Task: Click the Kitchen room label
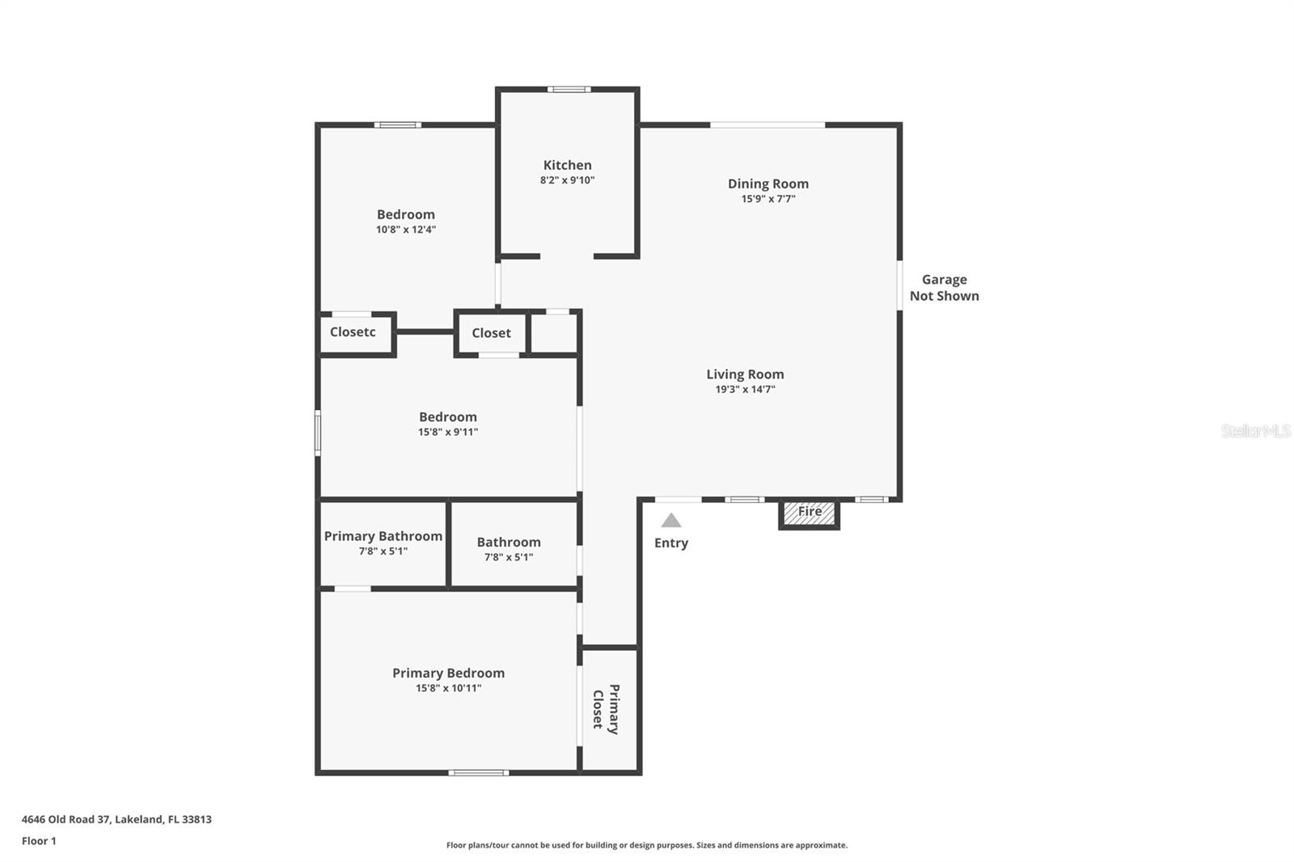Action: coord(567,165)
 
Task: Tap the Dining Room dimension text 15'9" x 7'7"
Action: coord(768,199)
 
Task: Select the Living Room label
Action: coord(745,374)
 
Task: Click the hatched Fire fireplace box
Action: coord(809,513)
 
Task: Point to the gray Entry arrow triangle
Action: coord(671,521)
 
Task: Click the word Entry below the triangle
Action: coord(671,543)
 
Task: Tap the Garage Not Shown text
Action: coord(944,288)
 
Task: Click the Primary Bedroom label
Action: coord(448,673)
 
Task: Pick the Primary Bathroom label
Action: coord(383,536)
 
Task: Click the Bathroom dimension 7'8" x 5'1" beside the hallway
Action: coord(509,557)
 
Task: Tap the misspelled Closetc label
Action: coord(353,332)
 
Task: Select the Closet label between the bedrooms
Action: coord(491,333)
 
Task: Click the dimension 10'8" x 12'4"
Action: coord(406,230)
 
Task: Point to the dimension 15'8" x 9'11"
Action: coord(448,433)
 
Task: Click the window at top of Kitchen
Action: coord(569,89)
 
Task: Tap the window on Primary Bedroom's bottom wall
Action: coord(479,773)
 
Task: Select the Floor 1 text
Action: coord(39,841)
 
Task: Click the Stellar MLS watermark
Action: coord(1255,431)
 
